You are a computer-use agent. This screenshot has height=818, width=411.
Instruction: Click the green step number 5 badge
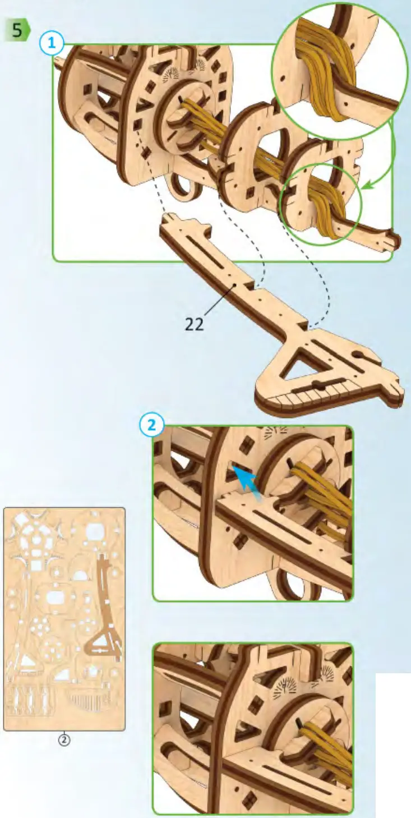[17, 30]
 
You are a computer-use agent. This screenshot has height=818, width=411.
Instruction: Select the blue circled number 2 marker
[151, 425]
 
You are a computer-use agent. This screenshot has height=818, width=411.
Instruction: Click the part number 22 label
[194, 324]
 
